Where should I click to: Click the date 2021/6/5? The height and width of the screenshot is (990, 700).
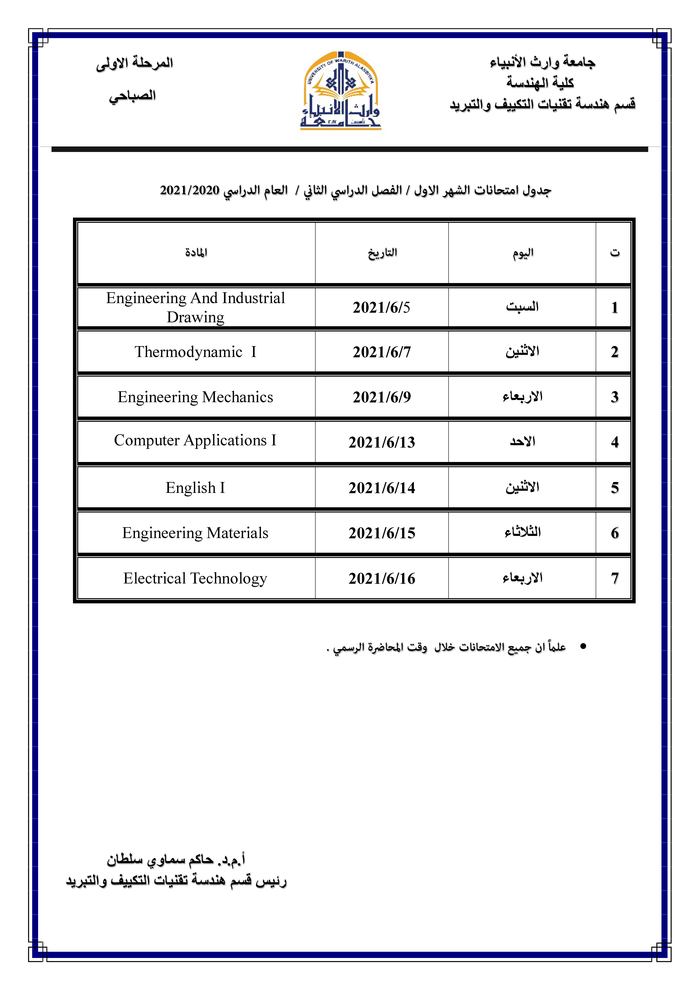(381, 307)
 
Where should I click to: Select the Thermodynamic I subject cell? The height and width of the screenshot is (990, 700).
(195, 352)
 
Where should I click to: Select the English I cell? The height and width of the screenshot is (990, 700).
(195, 488)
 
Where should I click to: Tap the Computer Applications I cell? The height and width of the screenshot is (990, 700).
(195, 440)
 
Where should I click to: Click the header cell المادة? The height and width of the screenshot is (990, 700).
(196, 252)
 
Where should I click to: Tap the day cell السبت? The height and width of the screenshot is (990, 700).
(522, 307)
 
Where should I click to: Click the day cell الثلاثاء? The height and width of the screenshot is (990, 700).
(522, 532)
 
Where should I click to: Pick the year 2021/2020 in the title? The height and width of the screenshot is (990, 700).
(189, 190)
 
